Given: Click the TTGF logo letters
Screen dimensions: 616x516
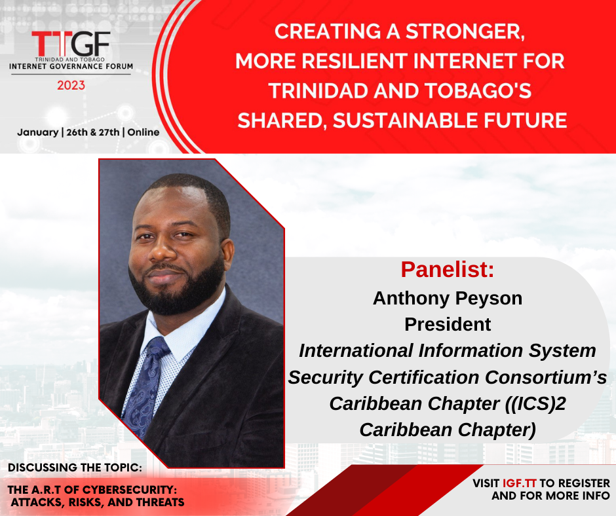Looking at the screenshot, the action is coord(71,44).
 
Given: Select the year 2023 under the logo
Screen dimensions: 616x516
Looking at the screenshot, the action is coord(71,85).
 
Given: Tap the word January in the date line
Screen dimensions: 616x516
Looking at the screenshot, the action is coord(38,132).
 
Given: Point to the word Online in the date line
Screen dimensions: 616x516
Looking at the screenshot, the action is coord(144,132).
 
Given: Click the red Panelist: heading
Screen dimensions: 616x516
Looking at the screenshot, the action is coord(447,269).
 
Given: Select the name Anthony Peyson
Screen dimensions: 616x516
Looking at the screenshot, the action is coord(448,299).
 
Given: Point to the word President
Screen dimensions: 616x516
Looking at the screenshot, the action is coord(448,324).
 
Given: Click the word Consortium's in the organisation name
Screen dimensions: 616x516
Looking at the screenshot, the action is coord(546,377).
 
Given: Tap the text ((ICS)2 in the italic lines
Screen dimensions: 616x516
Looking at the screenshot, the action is coord(535,403).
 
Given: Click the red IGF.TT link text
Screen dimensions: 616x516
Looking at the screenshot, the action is coord(520,483).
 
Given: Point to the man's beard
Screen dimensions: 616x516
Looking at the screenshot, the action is coord(177,287).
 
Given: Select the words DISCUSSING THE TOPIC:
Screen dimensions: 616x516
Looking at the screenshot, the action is coord(75,468).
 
